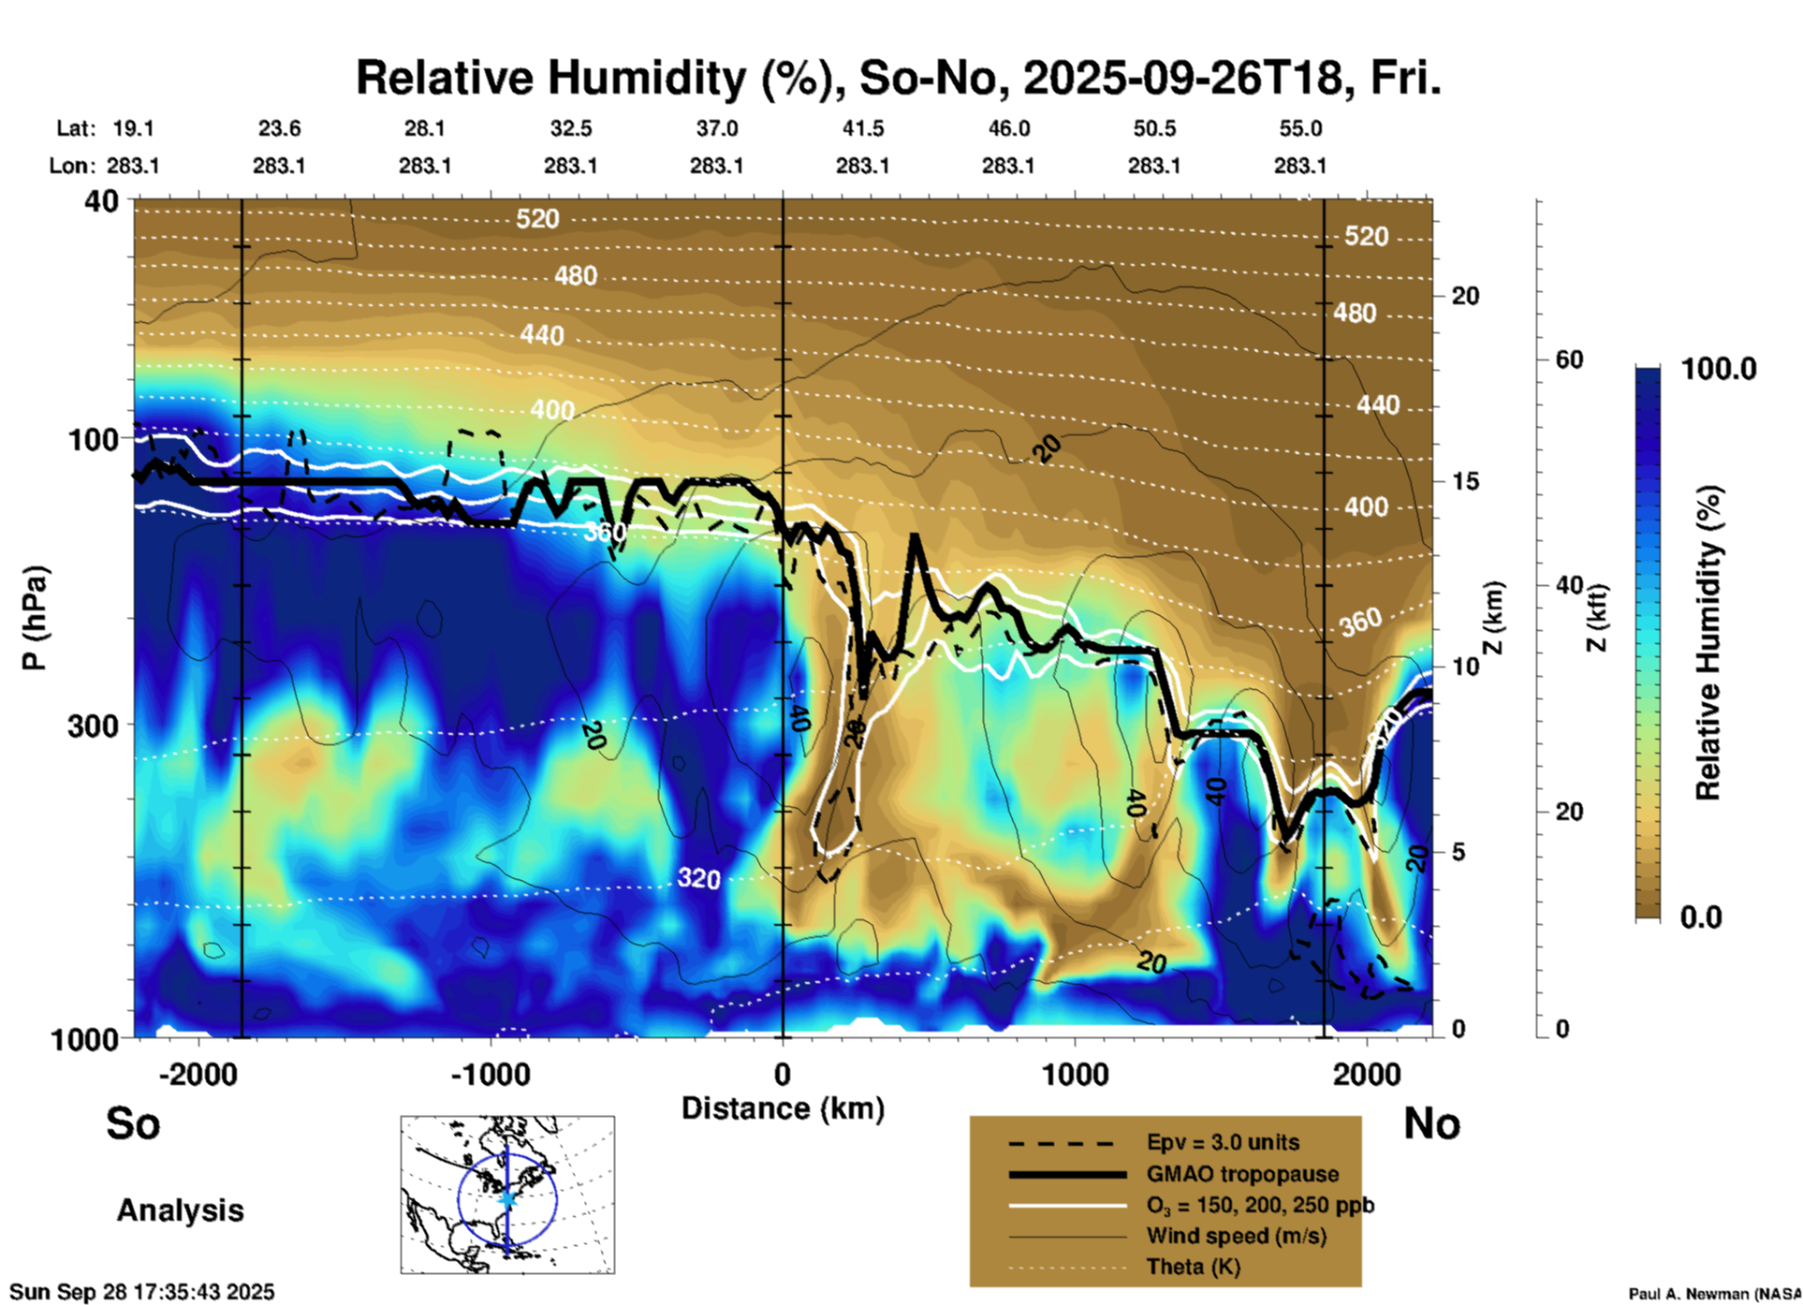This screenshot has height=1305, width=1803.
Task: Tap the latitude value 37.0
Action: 716,128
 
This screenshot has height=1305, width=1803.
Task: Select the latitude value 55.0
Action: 1300,128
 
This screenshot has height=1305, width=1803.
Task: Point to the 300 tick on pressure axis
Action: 93,726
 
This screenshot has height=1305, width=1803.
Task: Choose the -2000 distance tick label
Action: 198,1074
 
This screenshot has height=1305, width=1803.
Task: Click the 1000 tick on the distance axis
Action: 1074,1074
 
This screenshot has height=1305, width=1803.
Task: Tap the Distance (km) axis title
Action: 783,1108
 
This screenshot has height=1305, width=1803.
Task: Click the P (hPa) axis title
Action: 35,618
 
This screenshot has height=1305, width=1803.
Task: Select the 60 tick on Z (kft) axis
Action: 1568,359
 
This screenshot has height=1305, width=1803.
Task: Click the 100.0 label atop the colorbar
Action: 1719,369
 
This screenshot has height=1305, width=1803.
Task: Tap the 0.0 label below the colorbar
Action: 1700,917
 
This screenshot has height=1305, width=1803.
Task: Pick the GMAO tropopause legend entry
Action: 1242,1174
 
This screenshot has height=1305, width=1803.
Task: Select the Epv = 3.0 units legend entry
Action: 1223,1143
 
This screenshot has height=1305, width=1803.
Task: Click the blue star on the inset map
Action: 507,1198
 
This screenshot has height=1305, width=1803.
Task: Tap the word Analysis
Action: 180,1210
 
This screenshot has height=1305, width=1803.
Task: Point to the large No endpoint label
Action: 1431,1124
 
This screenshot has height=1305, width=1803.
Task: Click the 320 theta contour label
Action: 698,878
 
